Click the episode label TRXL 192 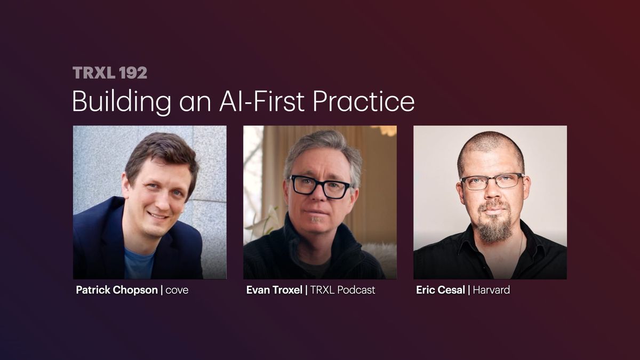click(x=109, y=73)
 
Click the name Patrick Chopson click(x=117, y=290)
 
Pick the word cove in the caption click(x=177, y=291)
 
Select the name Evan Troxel click(x=274, y=290)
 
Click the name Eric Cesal click(x=440, y=290)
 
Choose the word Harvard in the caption click(x=491, y=290)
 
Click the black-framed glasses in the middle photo click(x=319, y=187)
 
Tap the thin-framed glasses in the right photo click(x=491, y=182)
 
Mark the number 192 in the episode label click(x=133, y=73)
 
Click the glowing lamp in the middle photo click(x=386, y=131)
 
